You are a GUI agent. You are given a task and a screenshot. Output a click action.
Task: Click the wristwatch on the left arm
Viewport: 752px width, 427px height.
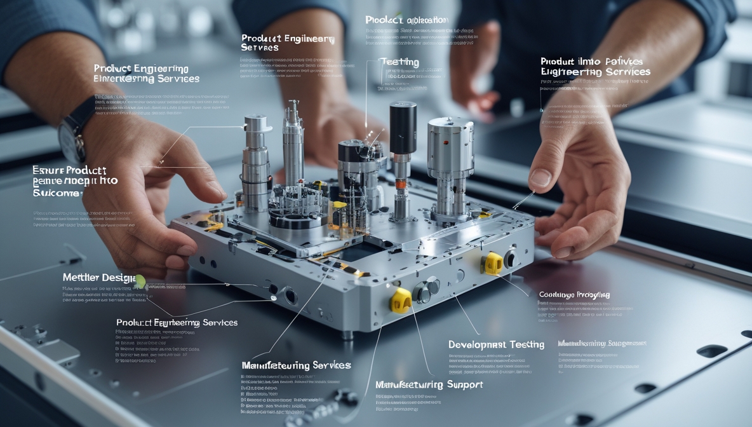[71, 137]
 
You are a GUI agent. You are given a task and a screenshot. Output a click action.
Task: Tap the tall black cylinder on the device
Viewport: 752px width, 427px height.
[403, 127]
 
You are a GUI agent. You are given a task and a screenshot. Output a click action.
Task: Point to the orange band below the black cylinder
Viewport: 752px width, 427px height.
[401, 185]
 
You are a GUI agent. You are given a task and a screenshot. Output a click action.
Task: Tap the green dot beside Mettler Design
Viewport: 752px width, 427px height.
[140, 281]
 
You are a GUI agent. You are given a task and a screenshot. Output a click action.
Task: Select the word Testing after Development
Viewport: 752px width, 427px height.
[527, 344]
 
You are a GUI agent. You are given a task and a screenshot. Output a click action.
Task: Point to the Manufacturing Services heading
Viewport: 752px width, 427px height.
[296, 365]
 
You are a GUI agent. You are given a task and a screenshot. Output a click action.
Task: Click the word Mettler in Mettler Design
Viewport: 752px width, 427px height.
[83, 278]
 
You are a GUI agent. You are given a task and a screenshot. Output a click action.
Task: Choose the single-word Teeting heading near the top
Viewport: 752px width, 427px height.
[399, 62]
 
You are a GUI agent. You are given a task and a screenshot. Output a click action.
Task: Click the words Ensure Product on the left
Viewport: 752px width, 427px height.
[69, 171]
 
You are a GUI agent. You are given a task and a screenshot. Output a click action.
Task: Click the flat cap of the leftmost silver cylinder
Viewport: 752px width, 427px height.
[258, 119]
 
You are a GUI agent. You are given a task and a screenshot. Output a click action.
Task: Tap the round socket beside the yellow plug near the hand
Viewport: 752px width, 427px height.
[510, 258]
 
